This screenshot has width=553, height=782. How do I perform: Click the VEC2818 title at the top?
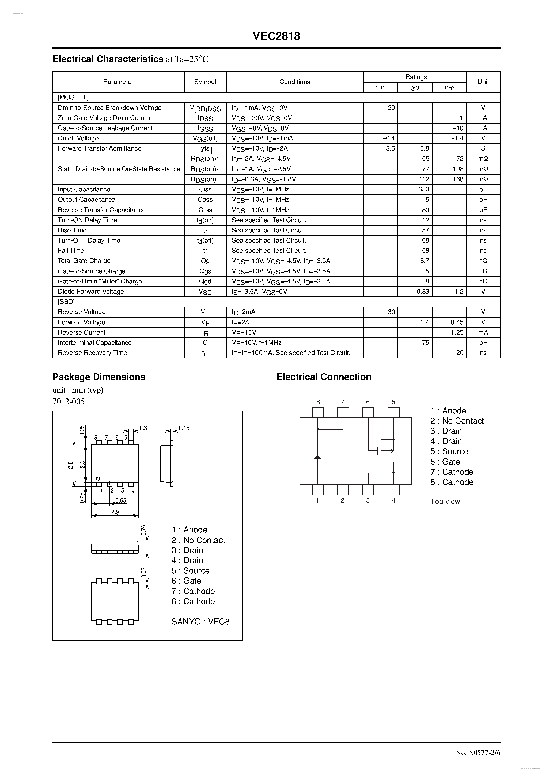coord(276,36)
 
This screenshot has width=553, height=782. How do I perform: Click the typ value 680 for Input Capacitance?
coord(424,189)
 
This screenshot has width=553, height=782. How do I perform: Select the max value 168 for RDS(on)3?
coord(458,179)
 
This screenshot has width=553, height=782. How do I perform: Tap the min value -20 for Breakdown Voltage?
coord(389,108)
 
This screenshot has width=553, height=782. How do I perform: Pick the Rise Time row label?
coord(72,230)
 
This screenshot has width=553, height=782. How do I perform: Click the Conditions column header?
coord(295,82)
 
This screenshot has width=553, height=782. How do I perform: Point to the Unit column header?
coord(483,82)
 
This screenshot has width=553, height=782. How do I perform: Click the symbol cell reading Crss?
coord(205,210)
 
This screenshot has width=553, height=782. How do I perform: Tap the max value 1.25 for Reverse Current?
coord(457,332)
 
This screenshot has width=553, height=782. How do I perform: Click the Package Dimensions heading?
coord(99,377)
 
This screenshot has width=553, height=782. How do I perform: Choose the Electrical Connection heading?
coord(324,377)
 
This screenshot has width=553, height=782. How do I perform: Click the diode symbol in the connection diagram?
coord(318,457)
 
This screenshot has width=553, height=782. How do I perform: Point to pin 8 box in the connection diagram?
coord(318,412)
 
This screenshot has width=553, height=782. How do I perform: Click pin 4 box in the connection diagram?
coord(393,490)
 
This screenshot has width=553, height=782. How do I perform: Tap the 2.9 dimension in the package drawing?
coord(115,512)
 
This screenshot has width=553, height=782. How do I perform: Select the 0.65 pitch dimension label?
coord(121,500)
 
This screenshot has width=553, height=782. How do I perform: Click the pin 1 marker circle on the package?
coord(98,478)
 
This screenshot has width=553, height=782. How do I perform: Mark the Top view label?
coord(445,501)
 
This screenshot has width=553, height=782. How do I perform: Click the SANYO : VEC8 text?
coord(200,622)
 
